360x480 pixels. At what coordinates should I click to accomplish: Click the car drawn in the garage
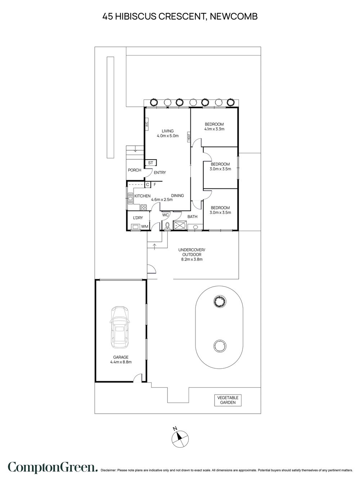120,327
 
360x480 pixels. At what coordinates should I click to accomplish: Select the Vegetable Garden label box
228,400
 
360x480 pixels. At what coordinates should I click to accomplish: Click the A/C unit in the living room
147,124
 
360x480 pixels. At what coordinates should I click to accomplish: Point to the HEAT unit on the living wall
189,137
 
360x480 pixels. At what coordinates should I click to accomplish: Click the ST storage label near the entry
151,163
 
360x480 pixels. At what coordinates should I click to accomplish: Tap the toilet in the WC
167,226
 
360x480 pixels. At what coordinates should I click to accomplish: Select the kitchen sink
130,198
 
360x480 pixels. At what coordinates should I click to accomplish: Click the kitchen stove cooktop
144,207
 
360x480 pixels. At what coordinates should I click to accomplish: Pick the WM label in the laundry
144,227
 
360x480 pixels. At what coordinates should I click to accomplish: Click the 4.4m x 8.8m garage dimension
121,362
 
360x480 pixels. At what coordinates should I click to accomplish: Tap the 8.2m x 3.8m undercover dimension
192,259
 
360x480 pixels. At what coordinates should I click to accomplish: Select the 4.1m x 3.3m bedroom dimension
214,129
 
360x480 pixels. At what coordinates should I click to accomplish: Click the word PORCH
135,170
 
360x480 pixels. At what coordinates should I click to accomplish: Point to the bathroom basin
195,227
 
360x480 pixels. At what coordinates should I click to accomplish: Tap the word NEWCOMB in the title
234,17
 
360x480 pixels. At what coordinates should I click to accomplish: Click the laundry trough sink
136,227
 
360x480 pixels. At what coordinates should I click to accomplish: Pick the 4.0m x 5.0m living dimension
167,135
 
